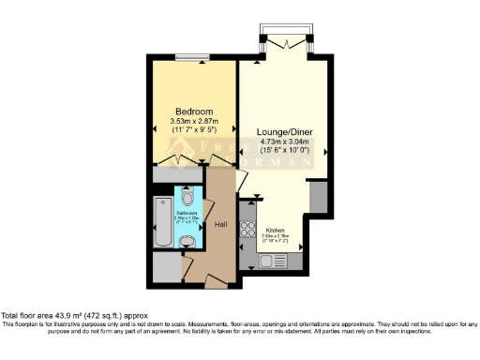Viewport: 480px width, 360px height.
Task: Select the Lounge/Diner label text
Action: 285,132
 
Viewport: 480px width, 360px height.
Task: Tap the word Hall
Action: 221,225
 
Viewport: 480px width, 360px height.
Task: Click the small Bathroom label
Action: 186,213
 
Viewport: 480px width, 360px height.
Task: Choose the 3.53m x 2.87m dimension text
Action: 194,122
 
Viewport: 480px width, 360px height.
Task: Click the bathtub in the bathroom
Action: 160,222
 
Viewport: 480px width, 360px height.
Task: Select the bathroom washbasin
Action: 188,242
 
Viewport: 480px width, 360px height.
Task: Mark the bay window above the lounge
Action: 285,42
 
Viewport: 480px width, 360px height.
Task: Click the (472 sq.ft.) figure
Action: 110,317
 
